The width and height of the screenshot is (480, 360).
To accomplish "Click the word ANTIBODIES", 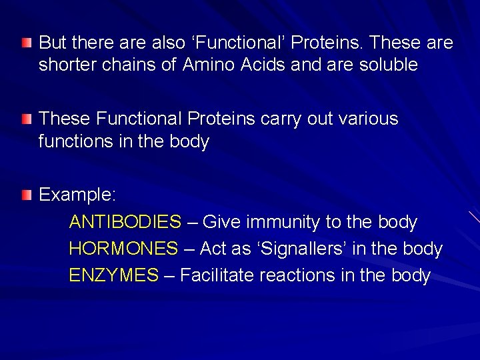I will point(125,222).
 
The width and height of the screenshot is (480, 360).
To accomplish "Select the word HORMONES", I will point(123,249).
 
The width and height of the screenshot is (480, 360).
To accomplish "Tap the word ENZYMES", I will point(114,275).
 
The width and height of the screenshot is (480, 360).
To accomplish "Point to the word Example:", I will point(78,195).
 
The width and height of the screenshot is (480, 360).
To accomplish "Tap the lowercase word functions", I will point(73,142).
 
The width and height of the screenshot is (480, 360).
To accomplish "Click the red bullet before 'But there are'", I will point(25,44).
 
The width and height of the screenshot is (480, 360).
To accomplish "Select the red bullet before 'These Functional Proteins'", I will point(25,120).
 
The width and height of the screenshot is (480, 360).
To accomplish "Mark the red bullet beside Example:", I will point(25,195).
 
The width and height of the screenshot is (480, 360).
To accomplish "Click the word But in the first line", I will point(52,43).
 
